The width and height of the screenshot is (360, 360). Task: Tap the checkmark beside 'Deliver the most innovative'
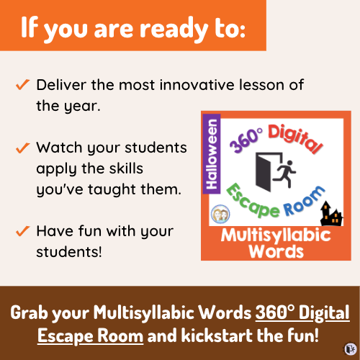[22, 85]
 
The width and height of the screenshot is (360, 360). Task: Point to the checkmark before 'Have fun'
[22, 231]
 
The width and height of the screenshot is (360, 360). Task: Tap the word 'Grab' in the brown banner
[35, 315]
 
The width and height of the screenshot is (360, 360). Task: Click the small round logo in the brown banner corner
[348, 348]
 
